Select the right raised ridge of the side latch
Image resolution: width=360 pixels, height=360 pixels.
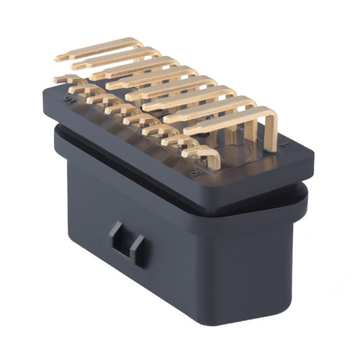pyautogui.click(x=138, y=251)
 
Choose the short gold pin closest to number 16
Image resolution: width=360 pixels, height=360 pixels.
pyautogui.click(x=68, y=79)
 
